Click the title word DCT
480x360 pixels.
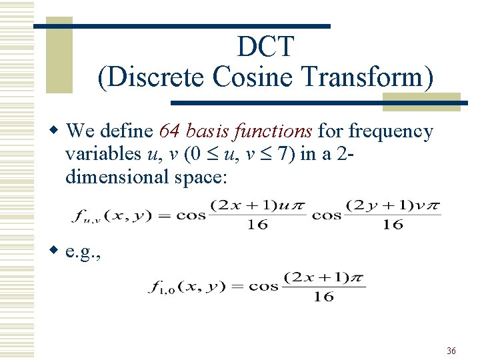click(x=265, y=47)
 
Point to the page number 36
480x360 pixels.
click(x=451, y=351)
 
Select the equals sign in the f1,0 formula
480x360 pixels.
click(x=236, y=287)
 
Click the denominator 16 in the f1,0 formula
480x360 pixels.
click(x=323, y=297)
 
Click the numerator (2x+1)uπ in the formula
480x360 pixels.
click(x=258, y=205)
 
